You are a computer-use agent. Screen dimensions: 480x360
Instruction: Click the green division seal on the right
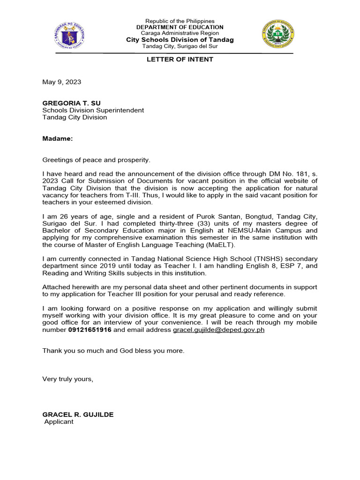[x=278, y=37]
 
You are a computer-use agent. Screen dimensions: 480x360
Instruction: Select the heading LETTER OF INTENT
[x=180, y=60]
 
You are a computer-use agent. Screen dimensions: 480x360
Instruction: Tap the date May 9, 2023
[x=61, y=82]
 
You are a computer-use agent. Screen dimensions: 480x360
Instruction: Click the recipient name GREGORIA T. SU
[x=71, y=103]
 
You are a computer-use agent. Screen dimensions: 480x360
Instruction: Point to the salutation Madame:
[x=58, y=139]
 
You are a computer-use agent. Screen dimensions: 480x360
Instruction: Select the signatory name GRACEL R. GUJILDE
[x=78, y=415]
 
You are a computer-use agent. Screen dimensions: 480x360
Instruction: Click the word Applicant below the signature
[x=59, y=422]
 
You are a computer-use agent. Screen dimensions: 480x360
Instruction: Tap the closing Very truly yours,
[x=67, y=379]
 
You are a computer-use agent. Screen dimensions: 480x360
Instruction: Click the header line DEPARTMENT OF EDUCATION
[x=180, y=27]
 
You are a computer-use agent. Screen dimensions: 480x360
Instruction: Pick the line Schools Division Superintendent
[x=93, y=110]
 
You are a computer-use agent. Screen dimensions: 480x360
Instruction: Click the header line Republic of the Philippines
[x=180, y=21]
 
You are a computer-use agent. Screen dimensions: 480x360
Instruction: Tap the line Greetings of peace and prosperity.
[x=96, y=160]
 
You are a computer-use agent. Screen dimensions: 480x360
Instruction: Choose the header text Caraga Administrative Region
[x=180, y=33]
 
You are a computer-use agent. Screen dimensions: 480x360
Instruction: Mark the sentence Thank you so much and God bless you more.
[x=113, y=351]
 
